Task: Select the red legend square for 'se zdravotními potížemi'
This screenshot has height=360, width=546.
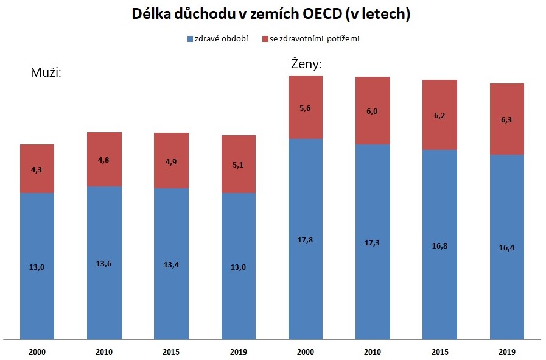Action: tap(265, 39)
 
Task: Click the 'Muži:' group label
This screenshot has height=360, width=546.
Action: tap(47, 73)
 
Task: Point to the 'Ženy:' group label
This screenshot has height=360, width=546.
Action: tap(306, 63)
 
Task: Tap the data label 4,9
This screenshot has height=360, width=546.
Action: tap(171, 161)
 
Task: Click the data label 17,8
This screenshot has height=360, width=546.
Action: tap(305, 239)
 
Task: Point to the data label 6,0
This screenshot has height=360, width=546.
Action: tap(372, 111)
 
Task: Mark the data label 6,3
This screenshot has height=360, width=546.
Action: tap(506, 120)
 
